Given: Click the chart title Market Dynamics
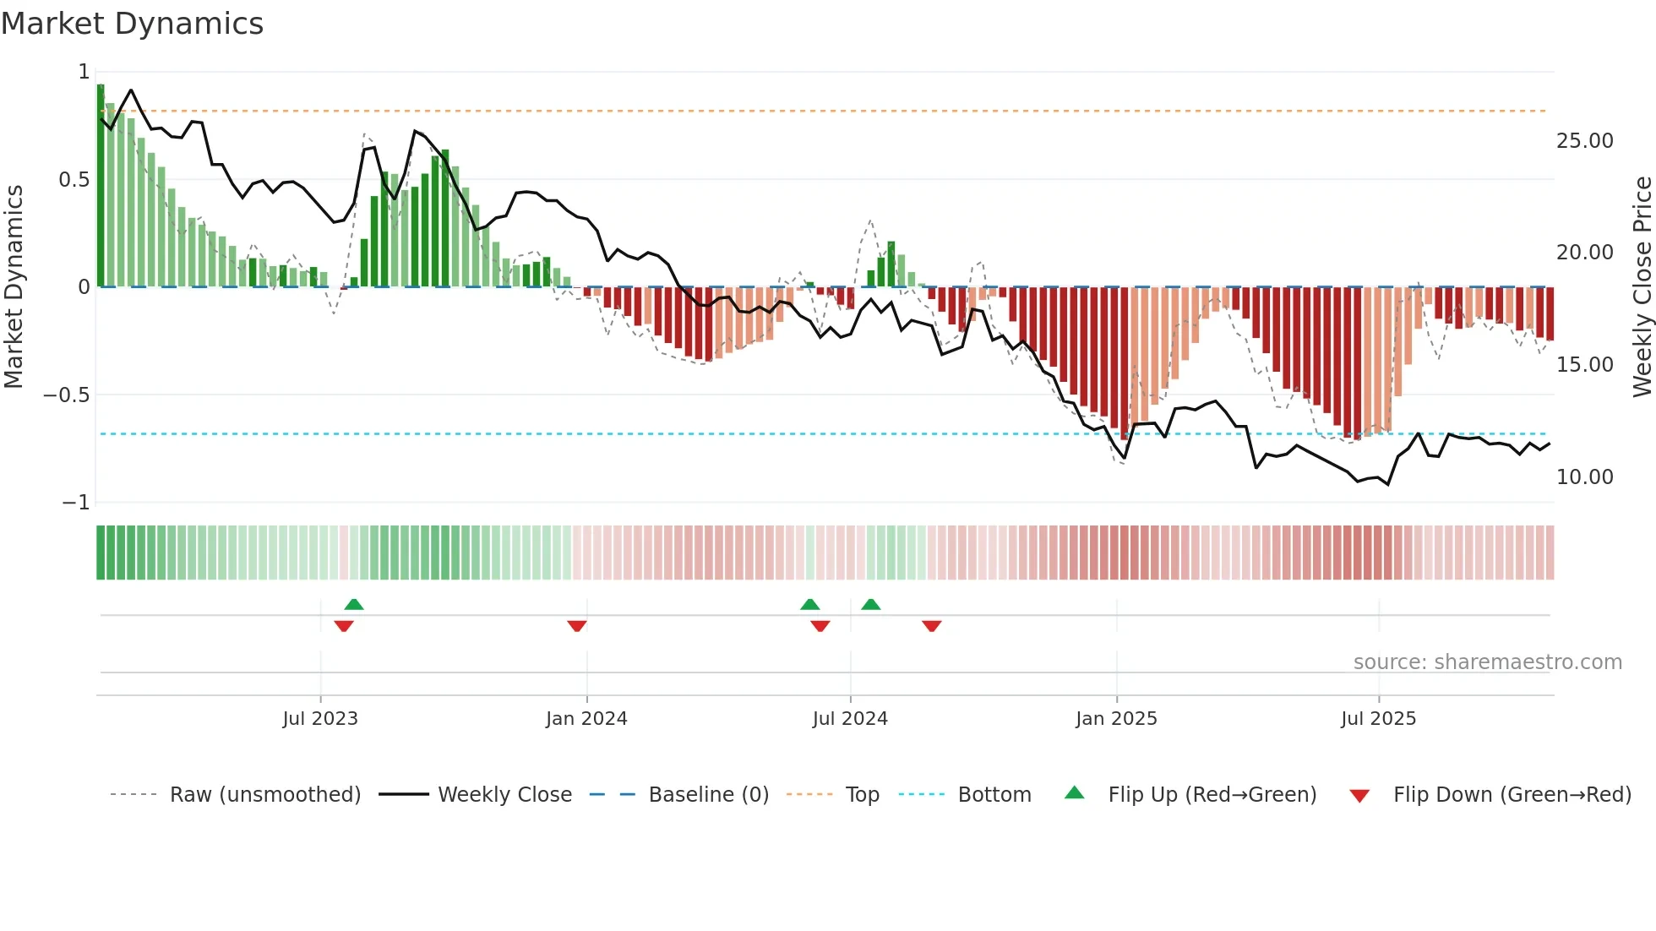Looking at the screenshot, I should [x=132, y=24].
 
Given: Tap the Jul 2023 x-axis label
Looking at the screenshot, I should [x=320, y=719].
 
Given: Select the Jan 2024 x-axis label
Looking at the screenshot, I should [x=586, y=719].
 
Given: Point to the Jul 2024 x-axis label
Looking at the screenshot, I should [x=850, y=719].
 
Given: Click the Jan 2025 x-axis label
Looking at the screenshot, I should [x=1116, y=719].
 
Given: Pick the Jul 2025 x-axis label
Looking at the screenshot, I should [x=1378, y=719].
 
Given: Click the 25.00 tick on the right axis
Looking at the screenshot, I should [x=1584, y=141].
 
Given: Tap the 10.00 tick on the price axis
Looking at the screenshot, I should [x=1584, y=477].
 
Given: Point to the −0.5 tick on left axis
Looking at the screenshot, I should [x=66, y=395].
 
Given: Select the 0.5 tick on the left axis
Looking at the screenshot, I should [x=74, y=180].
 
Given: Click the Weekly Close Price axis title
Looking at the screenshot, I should [x=1642, y=287].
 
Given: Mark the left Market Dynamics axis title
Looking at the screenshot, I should [x=14, y=287].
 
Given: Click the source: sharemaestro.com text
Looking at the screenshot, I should [x=1487, y=662].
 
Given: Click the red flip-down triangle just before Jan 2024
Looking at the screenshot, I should [x=577, y=626].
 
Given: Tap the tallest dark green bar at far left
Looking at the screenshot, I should [x=101, y=186].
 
